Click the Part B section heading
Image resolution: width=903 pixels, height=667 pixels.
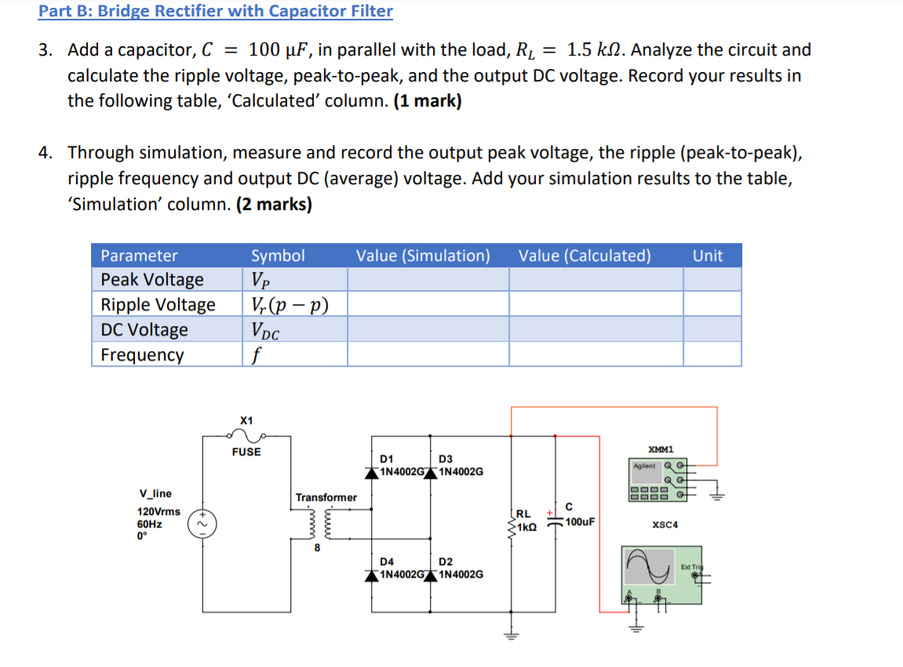coord(216,11)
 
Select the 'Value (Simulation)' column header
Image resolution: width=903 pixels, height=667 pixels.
coord(423,256)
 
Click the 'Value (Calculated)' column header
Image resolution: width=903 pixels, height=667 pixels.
coord(584,256)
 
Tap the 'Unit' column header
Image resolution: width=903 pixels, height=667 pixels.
coord(708,256)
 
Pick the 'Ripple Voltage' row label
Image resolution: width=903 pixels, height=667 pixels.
coord(158,305)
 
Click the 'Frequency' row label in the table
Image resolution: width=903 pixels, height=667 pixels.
coord(142,355)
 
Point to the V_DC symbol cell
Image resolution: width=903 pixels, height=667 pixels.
coord(264,330)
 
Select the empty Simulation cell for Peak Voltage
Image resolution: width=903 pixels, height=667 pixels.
coord(428,280)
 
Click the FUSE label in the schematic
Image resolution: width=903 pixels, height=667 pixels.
coord(246,451)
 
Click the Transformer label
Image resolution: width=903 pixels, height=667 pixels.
coord(326,497)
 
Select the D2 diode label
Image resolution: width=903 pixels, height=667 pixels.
coord(446,561)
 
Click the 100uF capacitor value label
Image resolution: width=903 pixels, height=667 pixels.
coord(581,521)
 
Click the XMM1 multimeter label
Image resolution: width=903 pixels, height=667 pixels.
coord(661,449)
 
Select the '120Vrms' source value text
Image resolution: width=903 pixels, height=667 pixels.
coord(158,511)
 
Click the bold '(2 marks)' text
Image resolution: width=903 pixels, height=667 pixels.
coord(273,205)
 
